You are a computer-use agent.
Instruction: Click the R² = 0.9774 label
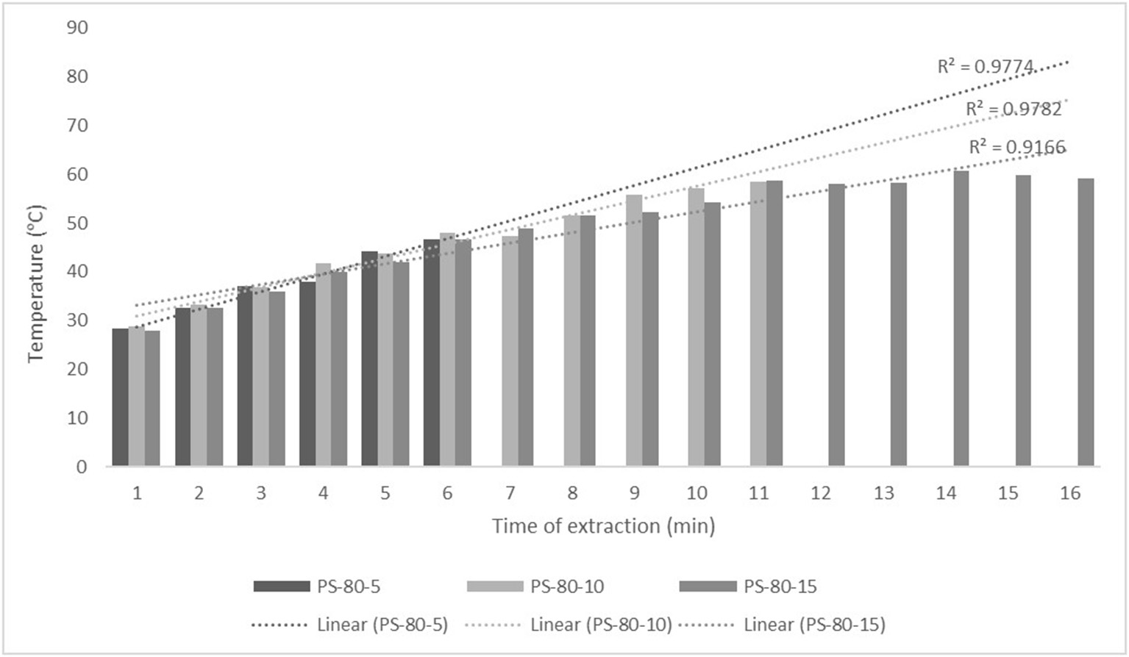(986, 66)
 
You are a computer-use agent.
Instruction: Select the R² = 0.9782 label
(1014, 109)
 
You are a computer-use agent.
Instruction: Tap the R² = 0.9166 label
(1016, 147)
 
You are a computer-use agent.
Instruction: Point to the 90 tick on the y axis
(76, 28)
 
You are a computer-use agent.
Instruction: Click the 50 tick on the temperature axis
(76, 223)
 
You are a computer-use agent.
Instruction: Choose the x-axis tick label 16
(1070, 493)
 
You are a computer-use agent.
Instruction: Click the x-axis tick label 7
(510, 493)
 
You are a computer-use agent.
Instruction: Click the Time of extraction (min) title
(603, 526)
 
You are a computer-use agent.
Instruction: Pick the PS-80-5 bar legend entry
(316, 586)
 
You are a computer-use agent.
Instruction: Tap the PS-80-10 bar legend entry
(535, 586)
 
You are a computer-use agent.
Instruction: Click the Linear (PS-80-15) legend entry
(781, 625)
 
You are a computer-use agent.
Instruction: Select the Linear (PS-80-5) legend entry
(349, 625)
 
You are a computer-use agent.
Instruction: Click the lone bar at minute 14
(961, 319)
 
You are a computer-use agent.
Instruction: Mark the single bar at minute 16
(1086, 323)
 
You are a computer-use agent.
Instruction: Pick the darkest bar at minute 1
(120, 398)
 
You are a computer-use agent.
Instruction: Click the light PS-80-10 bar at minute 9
(634, 331)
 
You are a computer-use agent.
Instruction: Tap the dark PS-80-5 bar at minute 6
(432, 353)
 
